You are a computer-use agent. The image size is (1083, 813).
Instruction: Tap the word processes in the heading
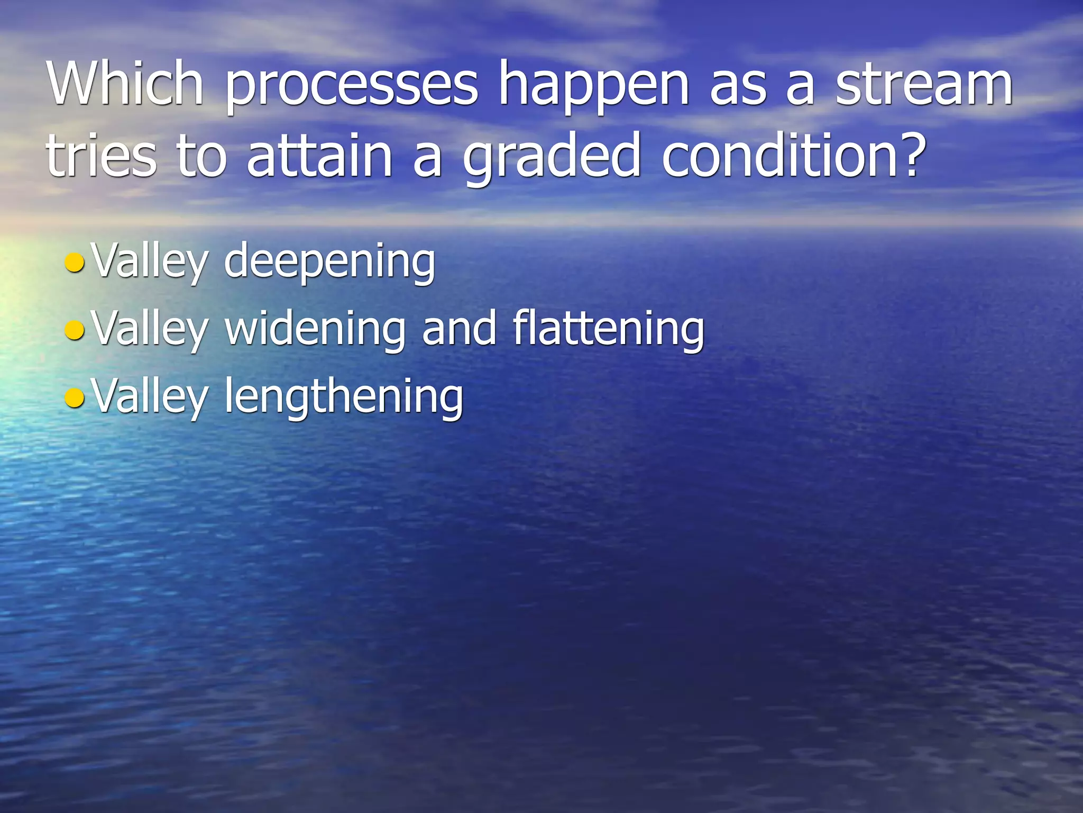[x=352, y=87]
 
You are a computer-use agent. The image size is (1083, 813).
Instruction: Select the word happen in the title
[x=594, y=87]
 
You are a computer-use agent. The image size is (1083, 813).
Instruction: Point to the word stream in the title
[x=924, y=85]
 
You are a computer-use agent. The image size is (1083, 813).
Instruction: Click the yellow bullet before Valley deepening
[x=74, y=263]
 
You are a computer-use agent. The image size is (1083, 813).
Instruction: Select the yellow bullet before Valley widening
[x=74, y=331]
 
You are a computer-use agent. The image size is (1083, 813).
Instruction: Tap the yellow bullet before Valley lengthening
[x=74, y=398]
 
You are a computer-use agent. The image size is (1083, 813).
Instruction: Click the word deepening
[x=329, y=263]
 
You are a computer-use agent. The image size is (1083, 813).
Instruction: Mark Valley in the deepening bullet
[x=150, y=263]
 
